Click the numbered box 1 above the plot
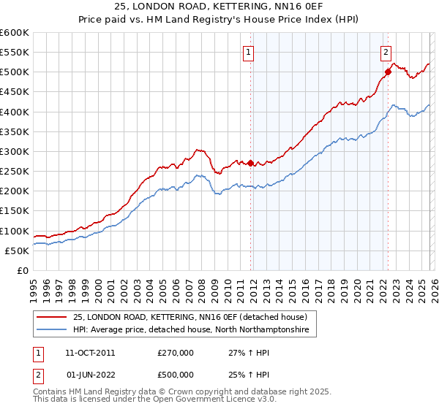click(249, 52)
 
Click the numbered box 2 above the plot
click(386, 52)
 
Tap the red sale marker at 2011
click(250, 163)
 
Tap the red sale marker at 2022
click(388, 72)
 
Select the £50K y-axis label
click(17, 251)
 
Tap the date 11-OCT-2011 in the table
click(90, 352)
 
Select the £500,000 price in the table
click(176, 375)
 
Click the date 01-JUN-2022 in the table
click(90, 375)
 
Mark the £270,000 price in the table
click(176, 352)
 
